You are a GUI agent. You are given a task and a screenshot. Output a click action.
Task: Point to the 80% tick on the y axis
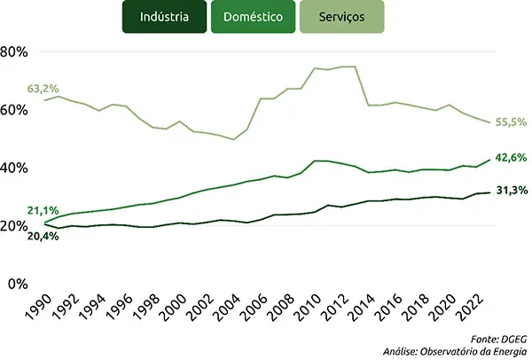coord(15,51)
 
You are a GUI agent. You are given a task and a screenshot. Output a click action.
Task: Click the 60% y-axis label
coord(15,110)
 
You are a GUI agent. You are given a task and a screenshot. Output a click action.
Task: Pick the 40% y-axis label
coord(15,168)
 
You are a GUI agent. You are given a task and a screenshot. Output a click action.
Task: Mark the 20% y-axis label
coord(15,226)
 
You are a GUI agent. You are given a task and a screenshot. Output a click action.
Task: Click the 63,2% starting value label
coord(43,89)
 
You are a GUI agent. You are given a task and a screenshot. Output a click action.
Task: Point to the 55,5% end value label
coord(512,121)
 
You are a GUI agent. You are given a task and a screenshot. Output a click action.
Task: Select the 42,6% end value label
coord(512,158)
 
